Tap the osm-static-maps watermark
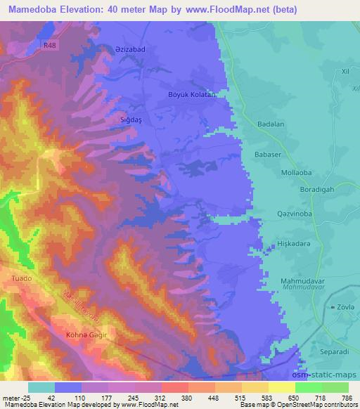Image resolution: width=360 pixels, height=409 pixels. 328,375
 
